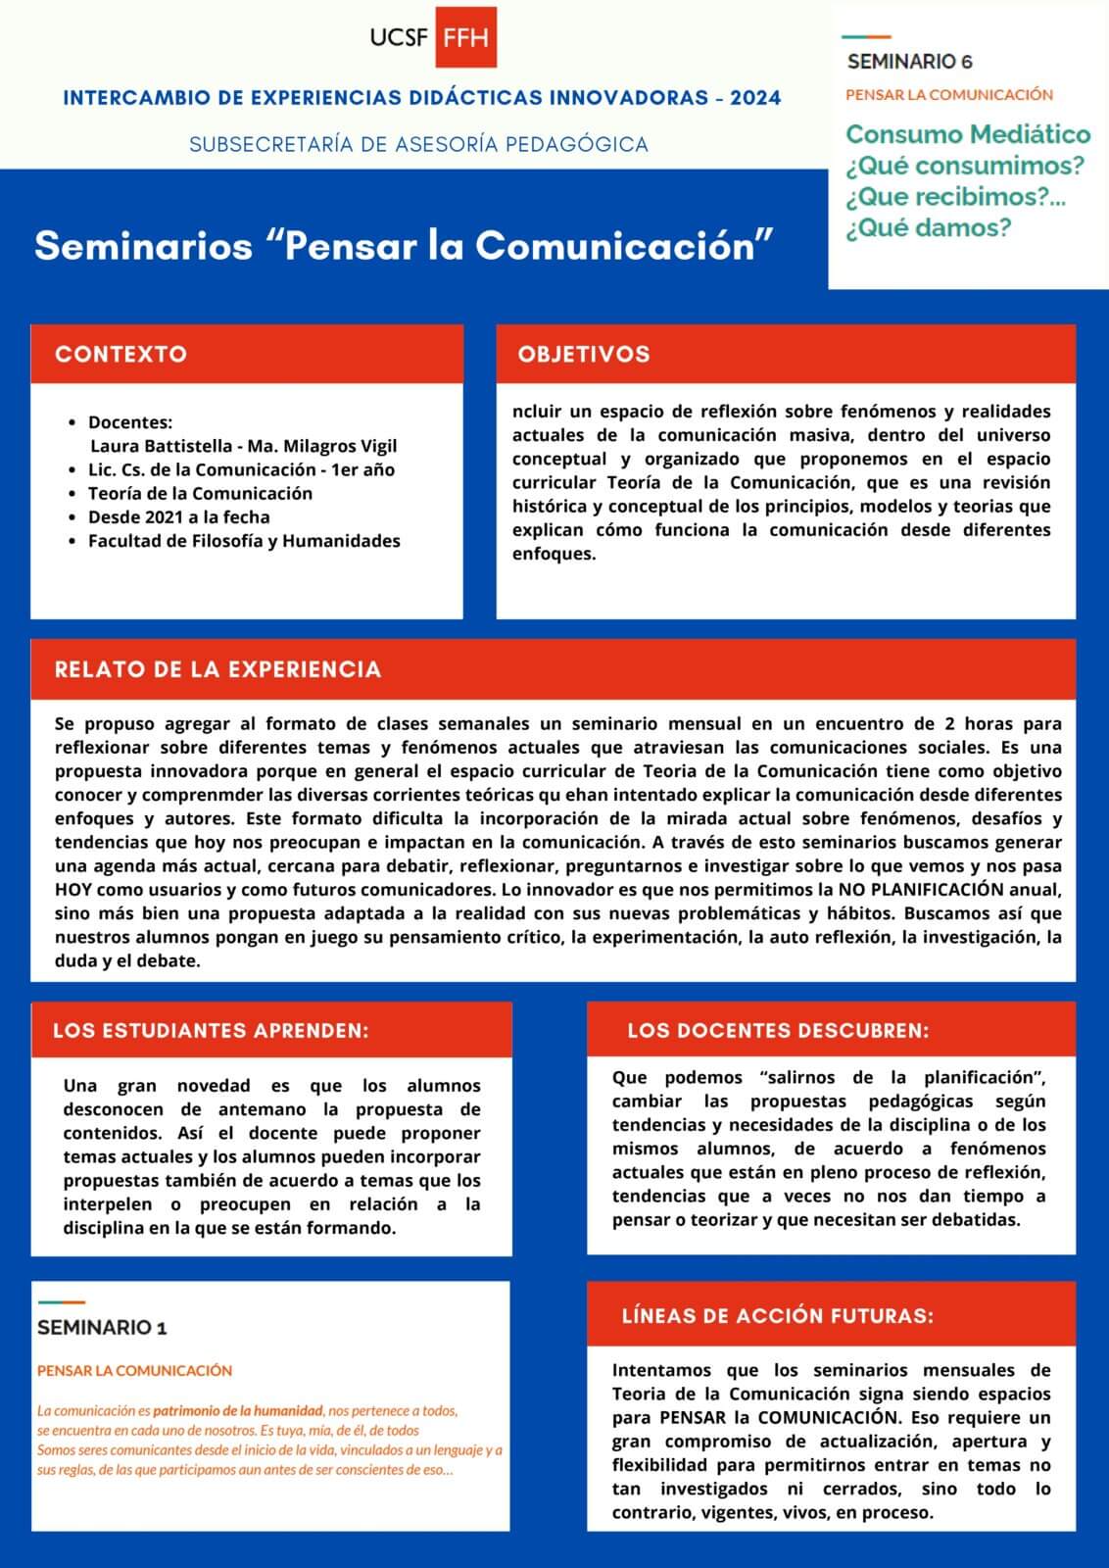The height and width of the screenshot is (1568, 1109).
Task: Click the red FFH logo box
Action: [465, 37]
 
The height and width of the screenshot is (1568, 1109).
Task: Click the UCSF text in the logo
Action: [399, 38]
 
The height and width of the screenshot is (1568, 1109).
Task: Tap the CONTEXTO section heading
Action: [121, 354]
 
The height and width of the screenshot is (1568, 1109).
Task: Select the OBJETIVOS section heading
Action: [584, 354]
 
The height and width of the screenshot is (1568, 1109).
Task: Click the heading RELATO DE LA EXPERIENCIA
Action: [217, 669]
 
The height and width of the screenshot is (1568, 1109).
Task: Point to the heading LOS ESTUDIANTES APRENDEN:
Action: [211, 1030]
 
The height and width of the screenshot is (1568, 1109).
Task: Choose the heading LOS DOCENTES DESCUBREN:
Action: [778, 1030]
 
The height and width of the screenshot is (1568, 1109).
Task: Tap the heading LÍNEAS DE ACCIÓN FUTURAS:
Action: [777, 1315]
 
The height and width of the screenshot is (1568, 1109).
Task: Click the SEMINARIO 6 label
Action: [909, 62]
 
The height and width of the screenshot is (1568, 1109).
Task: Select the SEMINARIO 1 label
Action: [102, 1328]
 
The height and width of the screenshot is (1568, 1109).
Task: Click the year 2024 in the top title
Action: [755, 97]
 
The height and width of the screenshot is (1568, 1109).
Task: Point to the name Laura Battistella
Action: [163, 446]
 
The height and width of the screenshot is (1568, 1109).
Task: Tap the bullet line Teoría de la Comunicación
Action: [200, 493]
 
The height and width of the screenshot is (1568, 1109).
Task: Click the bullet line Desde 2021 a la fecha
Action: [178, 516]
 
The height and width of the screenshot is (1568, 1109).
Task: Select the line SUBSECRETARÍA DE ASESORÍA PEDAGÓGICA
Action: [418, 144]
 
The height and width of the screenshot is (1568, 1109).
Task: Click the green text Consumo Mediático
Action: [968, 133]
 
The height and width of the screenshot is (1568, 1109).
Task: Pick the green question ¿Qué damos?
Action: [928, 227]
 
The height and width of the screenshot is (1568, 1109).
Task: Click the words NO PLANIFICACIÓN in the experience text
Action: [947, 889]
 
